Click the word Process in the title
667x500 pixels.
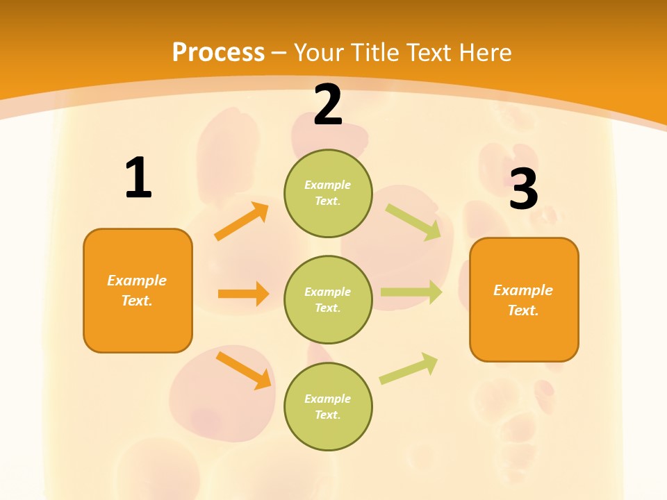pyautogui.click(x=218, y=53)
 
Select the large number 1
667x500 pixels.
pyautogui.click(x=138, y=178)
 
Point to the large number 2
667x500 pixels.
pyautogui.click(x=328, y=106)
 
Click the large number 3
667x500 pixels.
pyautogui.click(x=523, y=189)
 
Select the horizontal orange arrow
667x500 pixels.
pyautogui.click(x=243, y=294)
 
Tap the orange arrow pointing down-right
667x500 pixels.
pyautogui.click(x=244, y=370)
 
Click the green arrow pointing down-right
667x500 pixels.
pyautogui.click(x=413, y=222)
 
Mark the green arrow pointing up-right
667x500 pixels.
pyautogui.click(x=409, y=368)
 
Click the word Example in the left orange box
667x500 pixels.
pyautogui.click(x=137, y=281)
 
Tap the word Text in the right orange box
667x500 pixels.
pyautogui.click(x=522, y=311)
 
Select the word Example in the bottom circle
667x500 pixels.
pyautogui.click(x=328, y=399)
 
